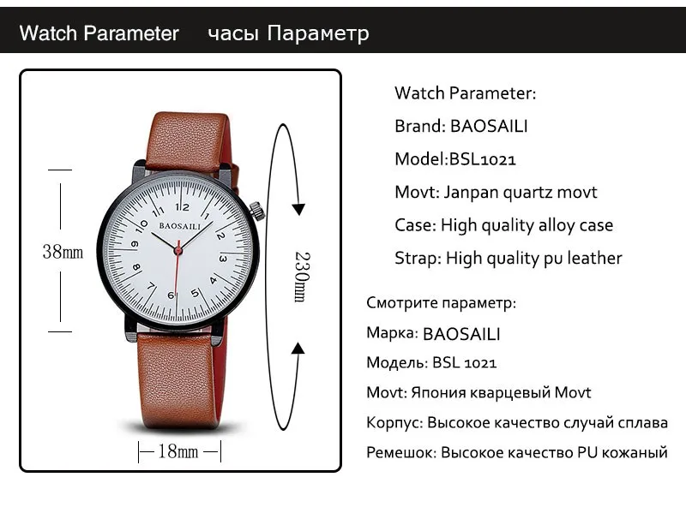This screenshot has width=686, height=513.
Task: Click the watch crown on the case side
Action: tap(257, 211)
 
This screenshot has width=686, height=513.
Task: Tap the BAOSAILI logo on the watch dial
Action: tap(180, 226)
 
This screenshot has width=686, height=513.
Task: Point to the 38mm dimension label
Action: tap(63, 252)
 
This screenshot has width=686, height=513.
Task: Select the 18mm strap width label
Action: tap(178, 451)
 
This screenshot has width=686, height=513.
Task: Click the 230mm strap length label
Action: tap(302, 277)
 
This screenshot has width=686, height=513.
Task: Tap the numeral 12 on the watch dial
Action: tap(183, 206)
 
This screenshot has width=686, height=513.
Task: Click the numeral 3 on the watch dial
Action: tap(223, 259)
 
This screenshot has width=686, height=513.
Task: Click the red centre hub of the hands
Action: tap(178, 250)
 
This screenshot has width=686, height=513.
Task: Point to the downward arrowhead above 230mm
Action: tap(298, 209)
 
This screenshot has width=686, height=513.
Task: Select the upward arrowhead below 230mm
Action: tap(298, 349)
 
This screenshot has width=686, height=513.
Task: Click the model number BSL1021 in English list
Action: tap(483, 159)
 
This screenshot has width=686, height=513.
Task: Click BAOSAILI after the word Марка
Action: tap(461, 334)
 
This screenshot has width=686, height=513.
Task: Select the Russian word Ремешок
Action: tap(401, 452)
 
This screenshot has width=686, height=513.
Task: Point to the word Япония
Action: tap(438, 392)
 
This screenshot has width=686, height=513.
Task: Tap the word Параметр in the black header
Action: tap(318, 33)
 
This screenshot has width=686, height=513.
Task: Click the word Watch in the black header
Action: tap(48, 33)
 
